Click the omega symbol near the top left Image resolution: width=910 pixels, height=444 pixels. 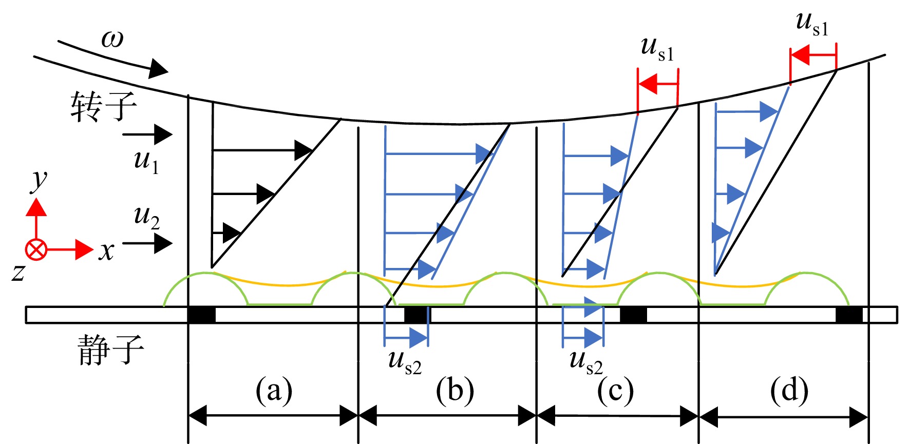click(x=112, y=40)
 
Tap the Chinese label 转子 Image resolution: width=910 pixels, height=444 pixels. click(x=104, y=107)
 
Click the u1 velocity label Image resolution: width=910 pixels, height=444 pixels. click(x=146, y=161)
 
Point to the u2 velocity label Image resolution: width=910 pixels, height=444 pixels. click(x=147, y=217)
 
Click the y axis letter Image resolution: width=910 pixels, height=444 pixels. click(x=39, y=180)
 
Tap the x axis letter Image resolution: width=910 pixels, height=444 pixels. click(x=106, y=251)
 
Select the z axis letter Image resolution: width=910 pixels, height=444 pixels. click(x=18, y=272)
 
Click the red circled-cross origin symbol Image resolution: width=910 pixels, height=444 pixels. click(x=36, y=250)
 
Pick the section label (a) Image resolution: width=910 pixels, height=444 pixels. click(x=274, y=391)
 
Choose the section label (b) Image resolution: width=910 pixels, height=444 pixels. click(x=454, y=391)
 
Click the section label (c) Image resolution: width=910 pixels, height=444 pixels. click(x=615, y=391)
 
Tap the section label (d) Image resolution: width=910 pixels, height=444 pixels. click(x=789, y=391)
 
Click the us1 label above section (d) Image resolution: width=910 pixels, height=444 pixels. click(x=812, y=24)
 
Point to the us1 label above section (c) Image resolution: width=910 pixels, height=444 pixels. click(x=657, y=49)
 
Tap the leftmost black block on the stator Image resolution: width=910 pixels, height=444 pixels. click(x=201, y=315)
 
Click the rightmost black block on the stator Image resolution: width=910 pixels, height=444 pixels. click(x=849, y=315)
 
